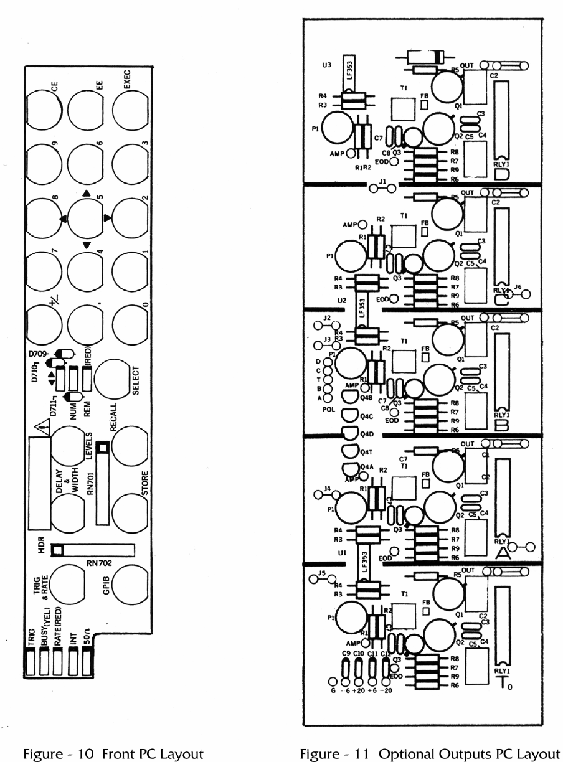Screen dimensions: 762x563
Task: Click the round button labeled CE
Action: pos(44,108)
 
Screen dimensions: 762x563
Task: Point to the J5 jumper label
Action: pos(322,573)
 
